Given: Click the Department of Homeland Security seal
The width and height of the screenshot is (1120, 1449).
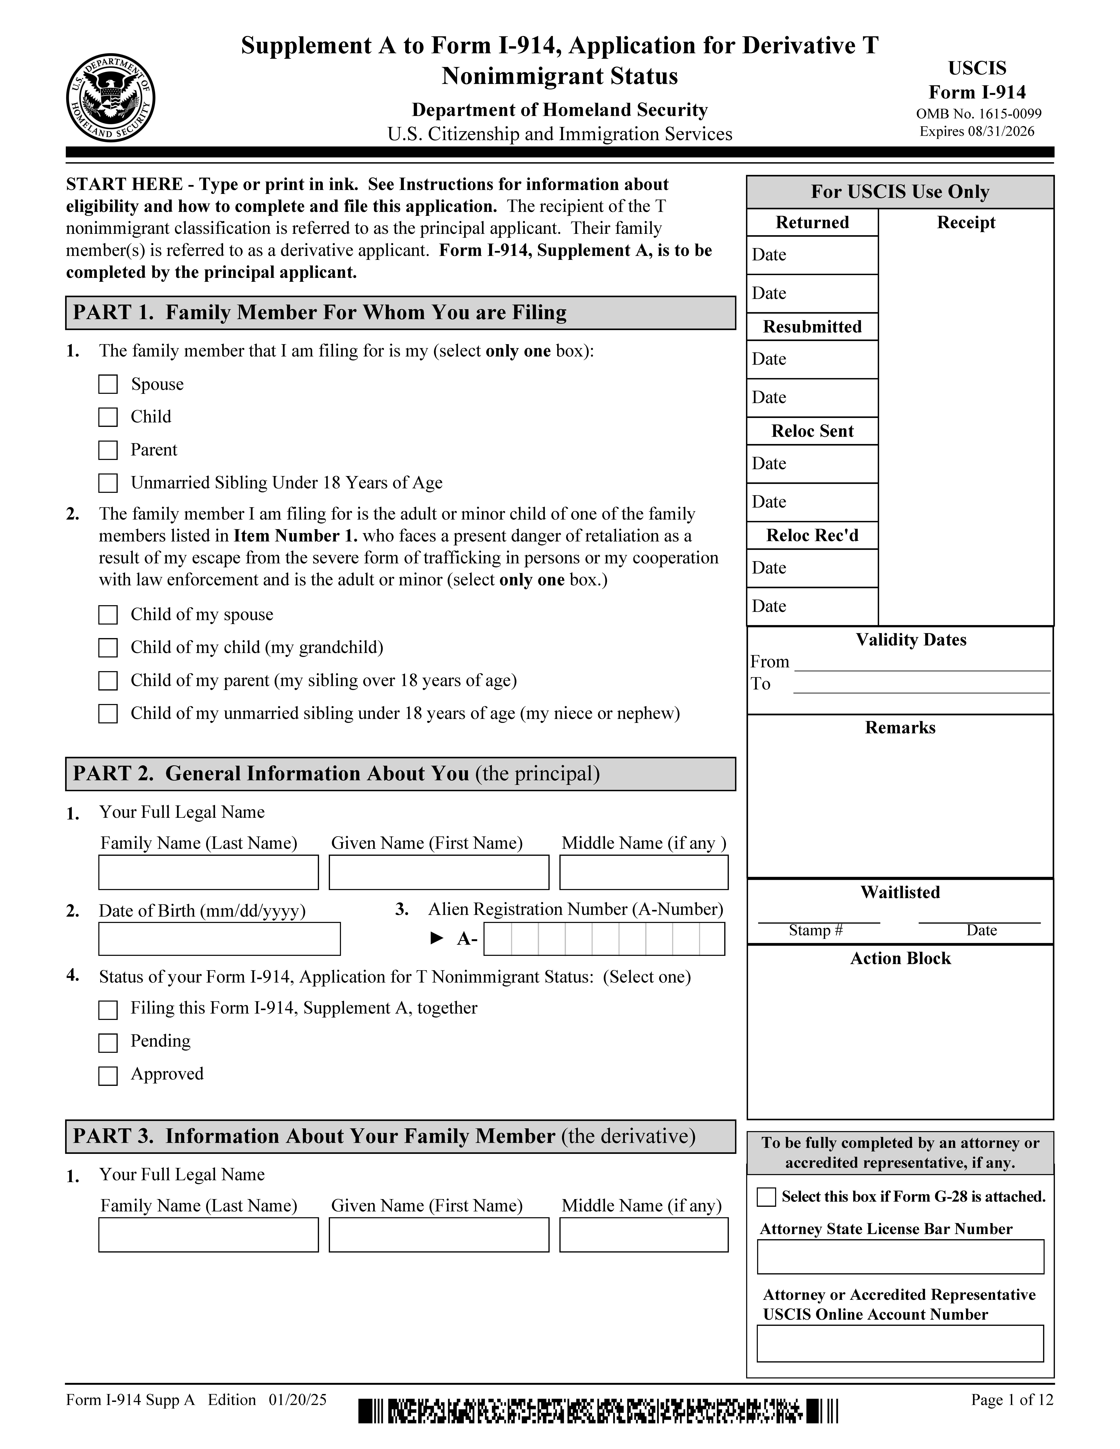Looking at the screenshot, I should [111, 97].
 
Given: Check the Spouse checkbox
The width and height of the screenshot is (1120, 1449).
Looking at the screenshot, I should [108, 384].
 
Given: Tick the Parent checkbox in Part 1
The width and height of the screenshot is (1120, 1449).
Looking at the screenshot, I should [108, 450].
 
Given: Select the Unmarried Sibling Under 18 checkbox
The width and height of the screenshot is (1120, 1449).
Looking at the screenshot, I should [108, 483].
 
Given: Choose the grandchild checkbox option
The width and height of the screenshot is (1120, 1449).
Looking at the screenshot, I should [108, 648].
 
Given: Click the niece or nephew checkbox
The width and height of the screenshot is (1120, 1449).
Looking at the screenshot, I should [108, 714].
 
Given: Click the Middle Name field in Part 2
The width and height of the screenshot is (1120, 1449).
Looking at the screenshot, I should [644, 872].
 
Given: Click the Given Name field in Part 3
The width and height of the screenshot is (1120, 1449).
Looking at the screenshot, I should [439, 1235].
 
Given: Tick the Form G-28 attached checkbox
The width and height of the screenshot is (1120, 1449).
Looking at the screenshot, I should [766, 1197].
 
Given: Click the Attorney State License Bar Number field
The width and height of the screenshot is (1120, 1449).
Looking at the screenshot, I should [900, 1257].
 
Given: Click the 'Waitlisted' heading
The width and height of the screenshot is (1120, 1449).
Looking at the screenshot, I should [900, 892].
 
